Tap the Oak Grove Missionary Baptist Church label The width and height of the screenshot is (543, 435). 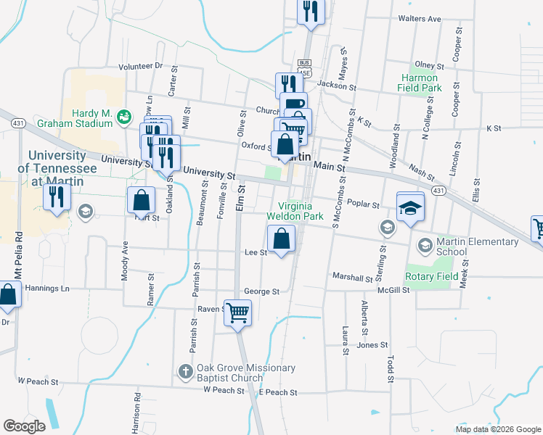click(x=245, y=373)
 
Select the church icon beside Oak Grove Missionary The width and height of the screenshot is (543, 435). click(x=185, y=373)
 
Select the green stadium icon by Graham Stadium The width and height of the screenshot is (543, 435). click(x=124, y=115)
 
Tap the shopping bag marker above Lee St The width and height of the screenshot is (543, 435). click(x=281, y=238)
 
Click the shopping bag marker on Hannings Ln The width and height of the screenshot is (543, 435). click(x=8, y=295)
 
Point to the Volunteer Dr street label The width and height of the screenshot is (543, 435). click(x=141, y=66)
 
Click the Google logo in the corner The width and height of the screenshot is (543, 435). click(x=24, y=426)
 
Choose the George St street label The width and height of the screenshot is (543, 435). click(x=261, y=291)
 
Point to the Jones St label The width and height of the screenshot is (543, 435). click(x=368, y=345)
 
